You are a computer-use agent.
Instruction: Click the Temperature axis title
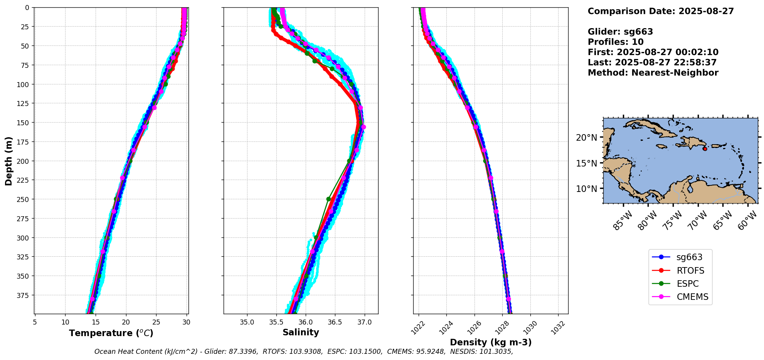tap(111, 333)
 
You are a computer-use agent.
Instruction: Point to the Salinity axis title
tap(301, 333)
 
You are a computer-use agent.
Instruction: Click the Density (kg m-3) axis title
tap(491, 342)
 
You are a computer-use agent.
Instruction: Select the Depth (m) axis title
tap(8, 161)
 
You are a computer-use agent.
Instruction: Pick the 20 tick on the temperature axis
tap(126, 322)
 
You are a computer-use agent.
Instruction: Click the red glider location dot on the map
tap(705, 149)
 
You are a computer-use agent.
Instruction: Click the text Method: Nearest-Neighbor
tap(653, 73)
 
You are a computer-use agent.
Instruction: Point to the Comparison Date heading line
tap(661, 11)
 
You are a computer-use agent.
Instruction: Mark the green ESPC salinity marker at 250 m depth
tap(328, 199)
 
